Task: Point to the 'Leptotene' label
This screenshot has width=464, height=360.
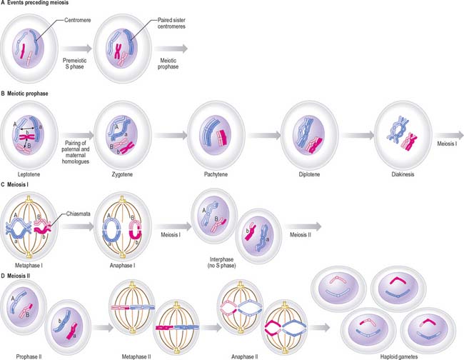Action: (x=29, y=174)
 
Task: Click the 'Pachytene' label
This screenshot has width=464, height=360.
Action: (x=212, y=174)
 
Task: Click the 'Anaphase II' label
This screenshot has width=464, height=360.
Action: (x=246, y=355)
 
